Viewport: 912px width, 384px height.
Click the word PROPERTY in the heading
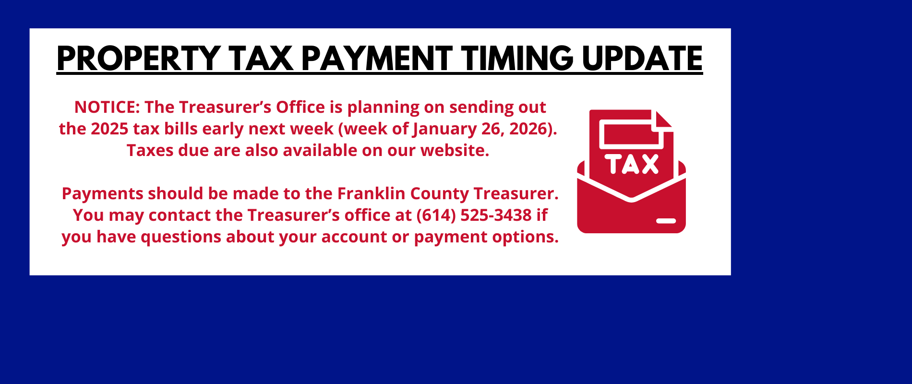(x=138, y=59)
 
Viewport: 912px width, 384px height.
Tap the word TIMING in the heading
(x=518, y=59)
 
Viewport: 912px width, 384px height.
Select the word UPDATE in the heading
(x=643, y=59)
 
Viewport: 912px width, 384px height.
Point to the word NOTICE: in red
(x=107, y=107)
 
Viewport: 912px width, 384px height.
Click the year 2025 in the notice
(x=109, y=129)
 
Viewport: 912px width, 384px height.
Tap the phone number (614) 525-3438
(x=474, y=216)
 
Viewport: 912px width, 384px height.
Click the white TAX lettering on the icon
(x=632, y=164)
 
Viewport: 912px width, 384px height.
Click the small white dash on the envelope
(x=666, y=221)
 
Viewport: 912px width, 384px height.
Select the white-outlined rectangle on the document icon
(x=631, y=134)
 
